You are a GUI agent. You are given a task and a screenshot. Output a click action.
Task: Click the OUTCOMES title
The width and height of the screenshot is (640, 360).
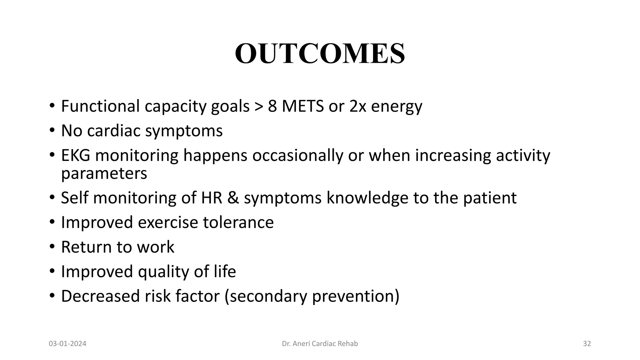pos(320,54)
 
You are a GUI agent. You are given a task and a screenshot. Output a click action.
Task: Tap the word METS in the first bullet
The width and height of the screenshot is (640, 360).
pos(302,106)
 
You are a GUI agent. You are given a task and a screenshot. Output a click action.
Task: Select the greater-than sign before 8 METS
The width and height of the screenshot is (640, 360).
pos(259,107)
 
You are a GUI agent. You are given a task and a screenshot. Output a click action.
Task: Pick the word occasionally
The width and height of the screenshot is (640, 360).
pos(297,155)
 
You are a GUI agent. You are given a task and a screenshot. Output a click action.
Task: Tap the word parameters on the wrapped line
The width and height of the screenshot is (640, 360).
pos(104,174)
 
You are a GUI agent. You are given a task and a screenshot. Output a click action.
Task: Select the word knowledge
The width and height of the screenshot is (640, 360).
pos(367,198)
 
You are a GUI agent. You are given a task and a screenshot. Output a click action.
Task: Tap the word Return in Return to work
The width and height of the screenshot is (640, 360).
pos(86,247)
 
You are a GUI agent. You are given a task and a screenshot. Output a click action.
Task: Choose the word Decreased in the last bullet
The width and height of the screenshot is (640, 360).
pos(100,296)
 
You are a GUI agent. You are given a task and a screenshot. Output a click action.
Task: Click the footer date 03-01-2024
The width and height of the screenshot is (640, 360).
pos(67,344)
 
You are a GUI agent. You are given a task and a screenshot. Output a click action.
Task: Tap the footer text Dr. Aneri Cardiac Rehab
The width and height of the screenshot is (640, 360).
pos(320,344)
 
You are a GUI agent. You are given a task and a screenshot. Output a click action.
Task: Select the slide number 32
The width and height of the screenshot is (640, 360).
pos(587,344)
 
